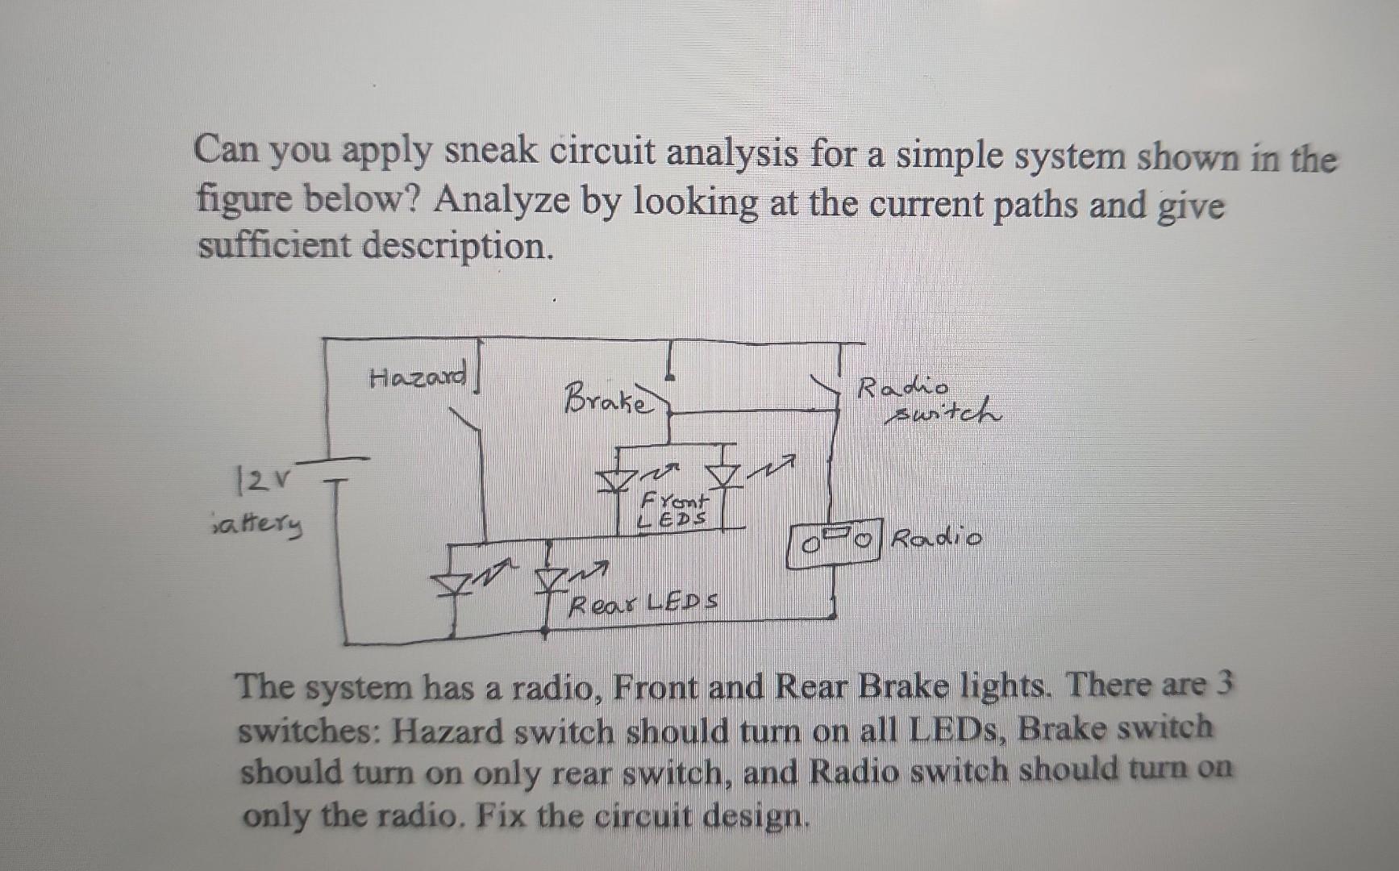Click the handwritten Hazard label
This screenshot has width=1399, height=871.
tap(417, 377)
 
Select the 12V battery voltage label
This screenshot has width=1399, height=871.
tap(252, 482)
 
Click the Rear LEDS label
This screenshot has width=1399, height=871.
tap(643, 602)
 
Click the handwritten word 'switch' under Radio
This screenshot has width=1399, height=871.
tap(943, 415)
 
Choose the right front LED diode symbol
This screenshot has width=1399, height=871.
tap(723, 477)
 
